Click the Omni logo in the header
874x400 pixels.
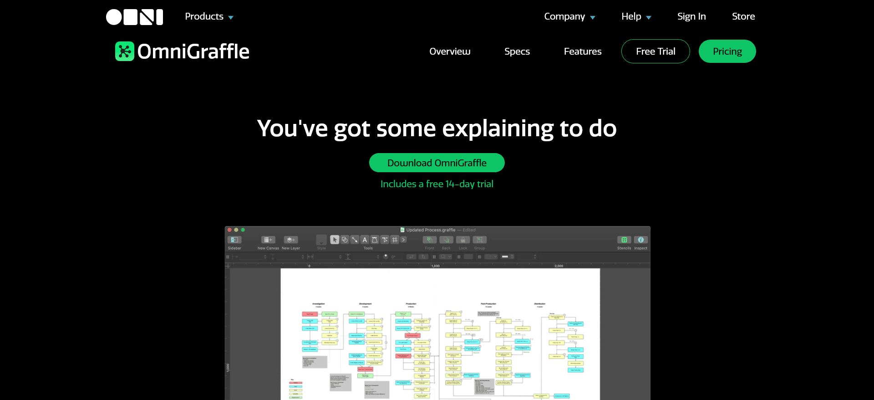[134, 17]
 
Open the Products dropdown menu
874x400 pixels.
[209, 16]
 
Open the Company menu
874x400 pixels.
[569, 16]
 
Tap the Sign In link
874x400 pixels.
[691, 16]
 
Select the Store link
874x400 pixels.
[743, 16]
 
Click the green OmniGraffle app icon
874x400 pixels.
[124, 51]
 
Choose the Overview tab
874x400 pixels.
[450, 51]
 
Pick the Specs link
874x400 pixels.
[517, 51]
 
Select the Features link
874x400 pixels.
[583, 51]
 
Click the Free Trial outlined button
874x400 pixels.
[655, 51]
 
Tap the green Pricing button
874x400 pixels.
[727, 51]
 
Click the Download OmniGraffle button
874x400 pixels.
[437, 163]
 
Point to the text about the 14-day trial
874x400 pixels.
[437, 184]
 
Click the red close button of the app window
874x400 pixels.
[230, 230]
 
